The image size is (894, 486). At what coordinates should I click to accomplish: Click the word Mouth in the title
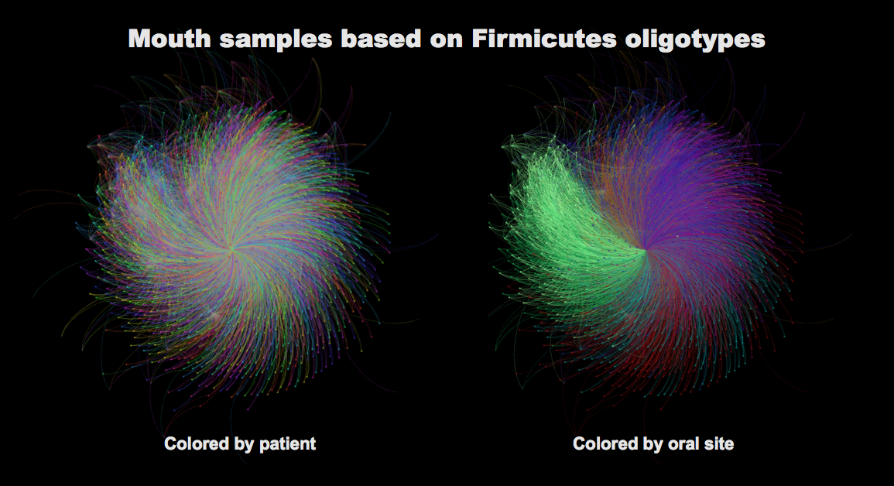coord(170,39)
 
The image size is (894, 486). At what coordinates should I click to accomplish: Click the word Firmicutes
coord(544,39)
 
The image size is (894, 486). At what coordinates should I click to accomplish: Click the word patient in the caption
coord(287,444)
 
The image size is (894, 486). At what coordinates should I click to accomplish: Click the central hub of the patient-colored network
coord(231,248)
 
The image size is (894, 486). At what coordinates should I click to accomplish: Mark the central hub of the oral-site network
coord(646,249)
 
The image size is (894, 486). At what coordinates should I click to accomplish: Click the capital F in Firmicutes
coord(479,39)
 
